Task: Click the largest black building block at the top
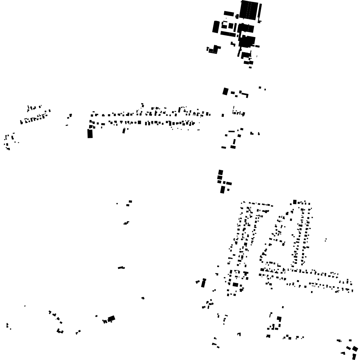pyautogui.click(x=249, y=10)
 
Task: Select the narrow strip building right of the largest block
pyautogui.click(x=260, y=11)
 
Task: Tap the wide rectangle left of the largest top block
pyautogui.click(x=229, y=14)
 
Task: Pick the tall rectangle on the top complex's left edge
pyautogui.click(x=216, y=27)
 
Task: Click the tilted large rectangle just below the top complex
pyautogui.click(x=225, y=91)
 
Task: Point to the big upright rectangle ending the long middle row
pyautogui.click(x=90, y=134)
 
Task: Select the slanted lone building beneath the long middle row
pyautogui.click(x=124, y=131)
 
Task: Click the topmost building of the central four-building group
pyautogui.click(x=221, y=172)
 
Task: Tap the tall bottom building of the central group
pyautogui.click(x=222, y=190)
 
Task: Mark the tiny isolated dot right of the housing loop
pyautogui.click(x=326, y=240)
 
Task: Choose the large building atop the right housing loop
pyautogui.click(x=295, y=202)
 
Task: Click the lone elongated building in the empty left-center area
pyautogui.click(x=121, y=268)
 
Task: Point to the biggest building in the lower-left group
pyautogui.click(x=111, y=319)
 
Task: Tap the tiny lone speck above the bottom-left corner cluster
pyautogui.click(x=25, y=306)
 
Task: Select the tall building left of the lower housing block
pyautogui.click(x=203, y=283)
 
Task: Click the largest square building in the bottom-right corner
pyautogui.click(x=355, y=348)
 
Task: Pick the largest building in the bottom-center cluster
pyautogui.click(x=279, y=319)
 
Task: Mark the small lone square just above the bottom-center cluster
pyautogui.click(x=283, y=307)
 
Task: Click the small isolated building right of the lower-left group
pyautogui.click(x=143, y=298)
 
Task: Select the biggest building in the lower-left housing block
pyautogui.click(x=235, y=285)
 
